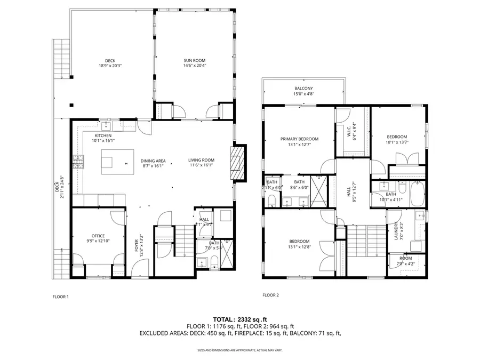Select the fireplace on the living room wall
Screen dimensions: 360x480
click(x=239, y=163)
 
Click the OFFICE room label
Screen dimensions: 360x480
click(x=98, y=236)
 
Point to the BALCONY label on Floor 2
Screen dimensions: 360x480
click(x=303, y=89)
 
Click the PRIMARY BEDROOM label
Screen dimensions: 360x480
click(x=299, y=139)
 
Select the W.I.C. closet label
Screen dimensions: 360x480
click(x=352, y=132)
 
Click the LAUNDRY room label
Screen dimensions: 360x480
click(x=396, y=231)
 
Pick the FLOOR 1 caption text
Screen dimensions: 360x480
click(x=60, y=297)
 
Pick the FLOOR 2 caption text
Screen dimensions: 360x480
click(x=270, y=295)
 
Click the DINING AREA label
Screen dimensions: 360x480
click(x=153, y=161)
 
